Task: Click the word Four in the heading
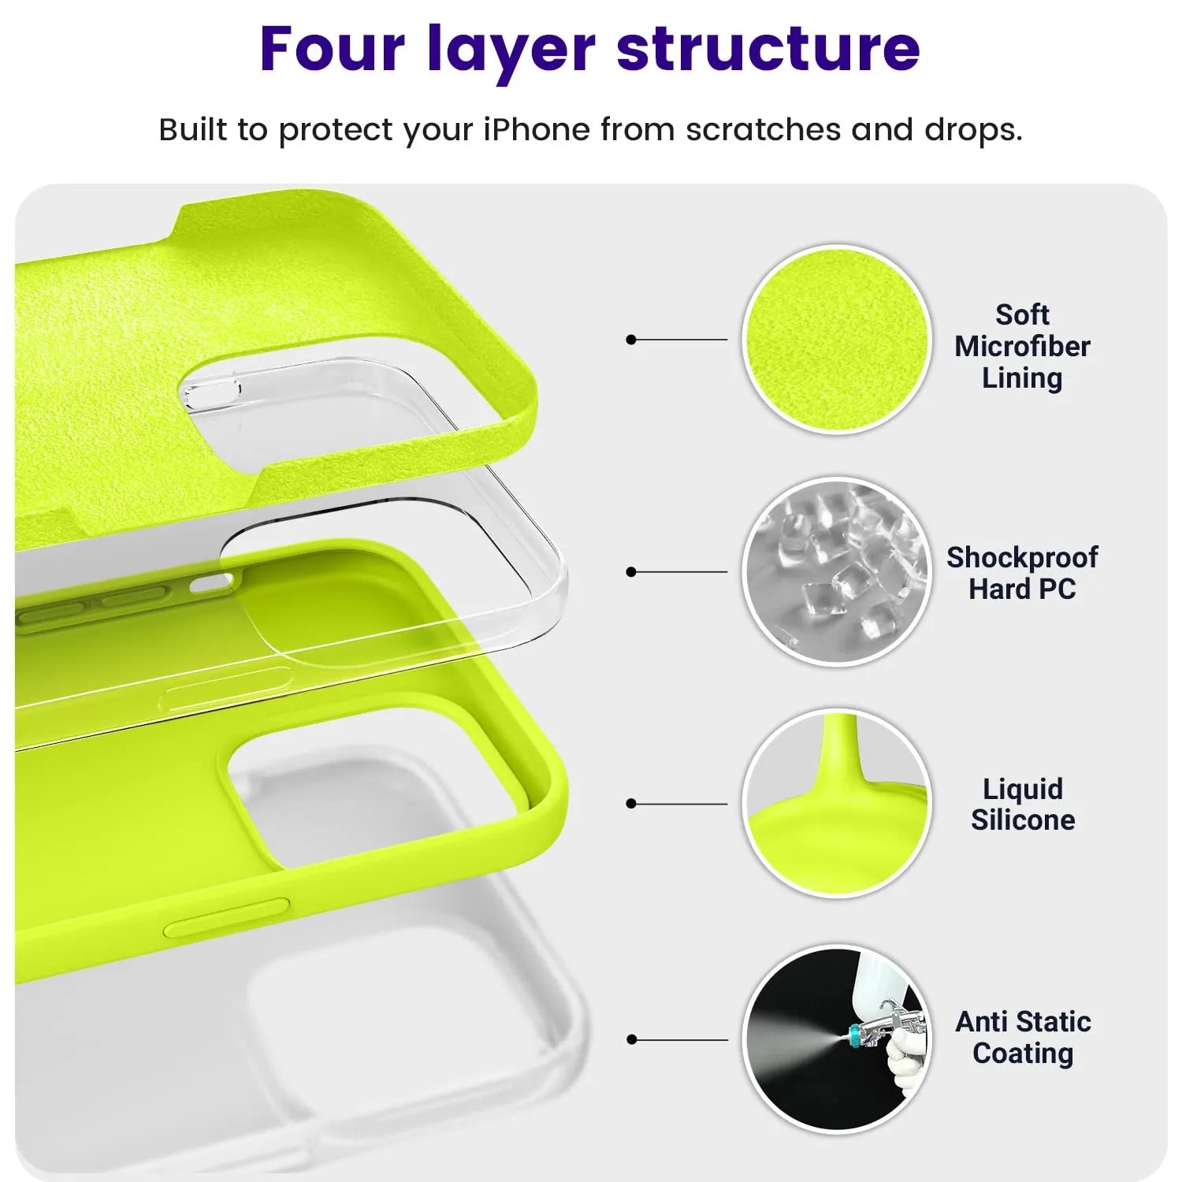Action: (x=332, y=49)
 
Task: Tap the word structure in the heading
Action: (x=768, y=49)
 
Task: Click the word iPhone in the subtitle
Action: (x=536, y=130)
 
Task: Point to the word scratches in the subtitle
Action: (x=763, y=130)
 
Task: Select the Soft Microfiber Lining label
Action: (x=1022, y=347)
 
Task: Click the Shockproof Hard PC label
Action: (x=1022, y=573)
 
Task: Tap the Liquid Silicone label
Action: (x=1023, y=805)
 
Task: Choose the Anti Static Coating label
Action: (x=1023, y=1037)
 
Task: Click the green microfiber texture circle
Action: (x=837, y=340)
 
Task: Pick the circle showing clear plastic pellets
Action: (x=837, y=571)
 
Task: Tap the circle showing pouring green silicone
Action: (x=837, y=804)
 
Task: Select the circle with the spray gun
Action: (x=837, y=1039)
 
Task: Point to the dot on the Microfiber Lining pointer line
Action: (x=630, y=340)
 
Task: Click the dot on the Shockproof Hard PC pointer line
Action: (x=630, y=571)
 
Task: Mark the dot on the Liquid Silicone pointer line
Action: (x=630, y=804)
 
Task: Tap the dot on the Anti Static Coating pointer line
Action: (x=630, y=1039)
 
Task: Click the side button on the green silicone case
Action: (x=226, y=917)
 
